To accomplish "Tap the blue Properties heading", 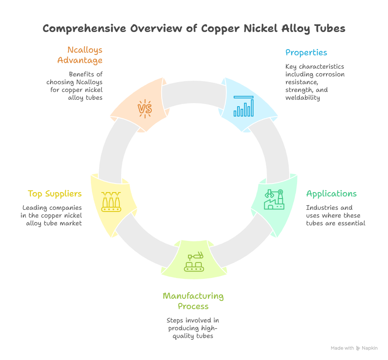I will pos(306,53).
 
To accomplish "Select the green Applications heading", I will pos(331,194).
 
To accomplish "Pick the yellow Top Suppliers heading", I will pos(55,194).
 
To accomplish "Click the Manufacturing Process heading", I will pos(193,301).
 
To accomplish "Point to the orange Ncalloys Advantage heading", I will pos(80,55).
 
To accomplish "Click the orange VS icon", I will pos(145,108).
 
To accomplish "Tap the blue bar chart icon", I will pos(244,106).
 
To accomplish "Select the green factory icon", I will pos(275,199).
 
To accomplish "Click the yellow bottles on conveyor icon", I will pos(112,202).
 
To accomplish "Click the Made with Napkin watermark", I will pos(354,348).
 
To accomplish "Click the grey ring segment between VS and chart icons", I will pos(194,92).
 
